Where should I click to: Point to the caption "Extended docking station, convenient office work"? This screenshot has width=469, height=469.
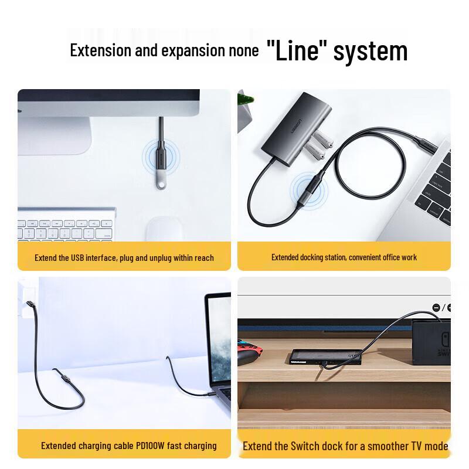point(344,257)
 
